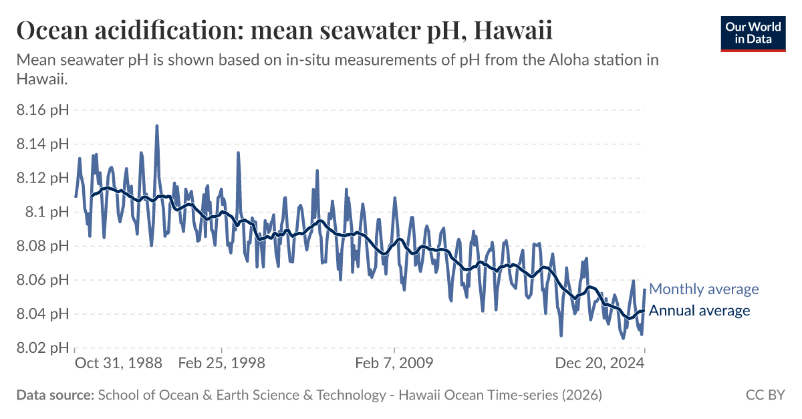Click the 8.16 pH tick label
(x=42, y=110)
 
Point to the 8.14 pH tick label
(x=42, y=144)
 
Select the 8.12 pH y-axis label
(x=42, y=178)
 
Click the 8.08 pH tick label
(x=42, y=246)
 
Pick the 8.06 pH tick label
(x=42, y=280)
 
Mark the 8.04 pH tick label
(x=42, y=314)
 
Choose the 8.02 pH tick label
(x=42, y=348)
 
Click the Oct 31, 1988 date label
(x=118, y=364)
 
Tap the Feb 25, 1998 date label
(x=222, y=364)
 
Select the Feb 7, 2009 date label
(x=394, y=364)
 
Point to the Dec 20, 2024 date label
(x=600, y=364)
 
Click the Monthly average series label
(x=704, y=289)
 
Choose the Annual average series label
(x=699, y=311)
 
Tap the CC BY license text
(x=765, y=395)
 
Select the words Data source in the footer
(x=55, y=395)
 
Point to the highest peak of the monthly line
(x=156, y=126)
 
